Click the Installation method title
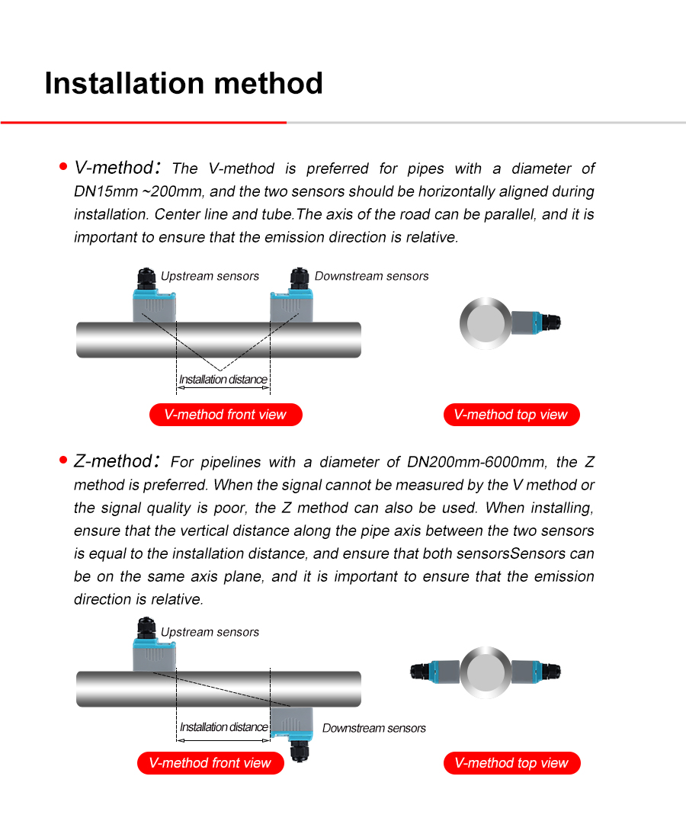pyautogui.click(x=184, y=83)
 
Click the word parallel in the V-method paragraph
pyautogui.click(x=499, y=214)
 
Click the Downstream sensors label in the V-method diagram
pyautogui.click(x=371, y=276)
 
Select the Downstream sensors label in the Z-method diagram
pyautogui.click(x=373, y=728)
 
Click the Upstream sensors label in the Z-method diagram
pyautogui.click(x=210, y=632)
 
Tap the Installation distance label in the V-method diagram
pyautogui.click(x=223, y=380)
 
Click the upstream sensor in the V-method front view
pyautogui.click(x=155, y=301)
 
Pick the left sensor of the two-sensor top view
pyautogui.click(x=437, y=672)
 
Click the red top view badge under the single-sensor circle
pyautogui.click(x=511, y=415)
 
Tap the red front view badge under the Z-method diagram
pyautogui.click(x=210, y=763)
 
